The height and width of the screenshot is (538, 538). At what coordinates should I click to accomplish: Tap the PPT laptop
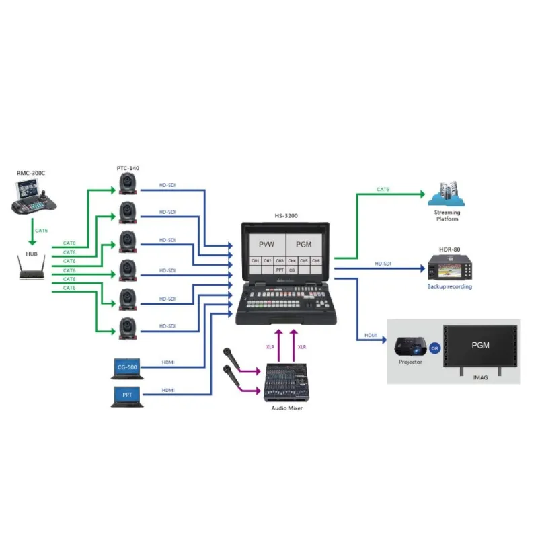126,395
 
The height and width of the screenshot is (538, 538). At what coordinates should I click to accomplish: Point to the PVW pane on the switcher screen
267,243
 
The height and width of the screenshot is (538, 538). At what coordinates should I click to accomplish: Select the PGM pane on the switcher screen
304,243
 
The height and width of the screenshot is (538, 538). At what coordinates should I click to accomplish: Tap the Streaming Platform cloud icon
447,194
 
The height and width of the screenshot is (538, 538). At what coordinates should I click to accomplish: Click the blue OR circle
434,348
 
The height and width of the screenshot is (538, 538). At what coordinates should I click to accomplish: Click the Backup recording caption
449,287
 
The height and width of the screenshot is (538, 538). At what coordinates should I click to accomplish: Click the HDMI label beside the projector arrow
371,336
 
